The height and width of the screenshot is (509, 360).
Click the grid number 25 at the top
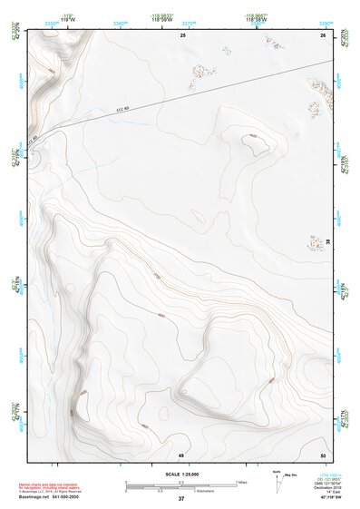tap(182, 35)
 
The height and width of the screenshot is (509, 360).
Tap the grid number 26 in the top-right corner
tap(322, 35)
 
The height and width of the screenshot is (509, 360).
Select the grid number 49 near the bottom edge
tap(180, 454)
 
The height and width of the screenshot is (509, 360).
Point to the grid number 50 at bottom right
tap(322, 454)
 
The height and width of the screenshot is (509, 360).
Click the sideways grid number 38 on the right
tap(327, 241)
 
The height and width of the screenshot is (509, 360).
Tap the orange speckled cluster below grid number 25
tap(201, 68)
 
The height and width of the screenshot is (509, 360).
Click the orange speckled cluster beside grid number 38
tap(311, 243)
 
